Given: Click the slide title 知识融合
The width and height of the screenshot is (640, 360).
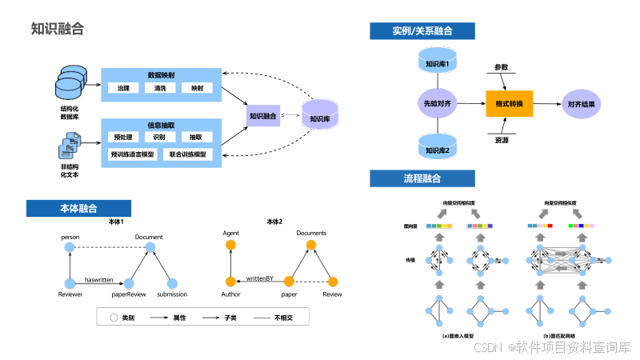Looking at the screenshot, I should pyautogui.click(x=57, y=30).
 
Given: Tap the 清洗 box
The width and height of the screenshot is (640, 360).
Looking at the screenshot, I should pyautogui.click(x=160, y=88).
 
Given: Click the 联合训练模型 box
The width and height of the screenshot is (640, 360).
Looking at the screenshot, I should pyautogui.click(x=188, y=154).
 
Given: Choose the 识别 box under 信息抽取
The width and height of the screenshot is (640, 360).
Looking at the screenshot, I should pyautogui.click(x=160, y=137).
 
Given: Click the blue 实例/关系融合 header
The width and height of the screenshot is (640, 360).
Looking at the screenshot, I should pyautogui.click(x=422, y=31).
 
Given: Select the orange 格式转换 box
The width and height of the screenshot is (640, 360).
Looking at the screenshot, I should pyautogui.click(x=509, y=104).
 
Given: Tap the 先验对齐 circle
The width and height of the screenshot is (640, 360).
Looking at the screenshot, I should pyautogui.click(x=437, y=104).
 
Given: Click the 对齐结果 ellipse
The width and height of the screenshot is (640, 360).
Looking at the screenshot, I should pyautogui.click(x=581, y=104).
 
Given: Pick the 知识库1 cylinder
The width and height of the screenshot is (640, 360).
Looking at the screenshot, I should pyautogui.click(x=437, y=62).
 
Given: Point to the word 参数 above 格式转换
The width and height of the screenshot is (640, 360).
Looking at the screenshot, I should pyautogui.click(x=502, y=67).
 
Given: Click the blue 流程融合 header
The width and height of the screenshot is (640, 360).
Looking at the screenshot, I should pyautogui.click(x=422, y=178).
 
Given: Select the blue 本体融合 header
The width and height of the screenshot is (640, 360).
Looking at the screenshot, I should pyautogui.click(x=78, y=208).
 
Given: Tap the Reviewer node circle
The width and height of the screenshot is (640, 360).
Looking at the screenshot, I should pyautogui.click(x=70, y=282).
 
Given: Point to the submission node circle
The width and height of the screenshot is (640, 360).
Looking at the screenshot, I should pyautogui.click(x=171, y=282).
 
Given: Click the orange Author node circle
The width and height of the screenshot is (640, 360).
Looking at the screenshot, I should pyautogui.click(x=230, y=282).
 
